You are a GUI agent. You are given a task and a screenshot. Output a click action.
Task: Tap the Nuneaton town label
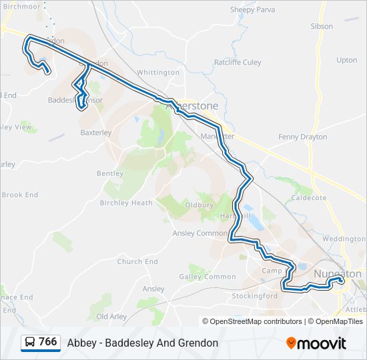(338, 273)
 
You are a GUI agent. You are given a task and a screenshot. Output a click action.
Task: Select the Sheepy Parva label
(252, 9)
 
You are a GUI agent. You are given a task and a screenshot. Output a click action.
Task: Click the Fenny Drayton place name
(303, 137)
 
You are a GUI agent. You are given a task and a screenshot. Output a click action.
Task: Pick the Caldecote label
(309, 198)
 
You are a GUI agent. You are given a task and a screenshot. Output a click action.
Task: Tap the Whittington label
(158, 72)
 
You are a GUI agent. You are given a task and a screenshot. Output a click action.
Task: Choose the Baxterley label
(96, 132)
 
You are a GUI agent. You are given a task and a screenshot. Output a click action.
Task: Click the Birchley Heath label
(126, 203)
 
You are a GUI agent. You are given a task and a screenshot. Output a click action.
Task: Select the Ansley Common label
(200, 233)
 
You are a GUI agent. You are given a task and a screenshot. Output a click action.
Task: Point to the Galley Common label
(208, 277)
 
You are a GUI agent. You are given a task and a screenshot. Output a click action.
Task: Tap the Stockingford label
(254, 295)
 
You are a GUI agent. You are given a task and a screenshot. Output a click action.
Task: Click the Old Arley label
(111, 316)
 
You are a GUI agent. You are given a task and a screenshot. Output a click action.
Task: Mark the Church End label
(137, 262)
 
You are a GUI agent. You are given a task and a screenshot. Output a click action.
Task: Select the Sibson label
(322, 26)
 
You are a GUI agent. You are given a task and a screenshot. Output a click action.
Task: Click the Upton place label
(347, 60)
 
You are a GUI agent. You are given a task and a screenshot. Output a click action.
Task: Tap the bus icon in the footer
(30, 342)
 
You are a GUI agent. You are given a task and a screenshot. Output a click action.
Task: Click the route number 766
(48, 341)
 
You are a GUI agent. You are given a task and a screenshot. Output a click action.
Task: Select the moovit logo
(316, 343)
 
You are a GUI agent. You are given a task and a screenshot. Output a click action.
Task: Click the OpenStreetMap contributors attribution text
(256, 321)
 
